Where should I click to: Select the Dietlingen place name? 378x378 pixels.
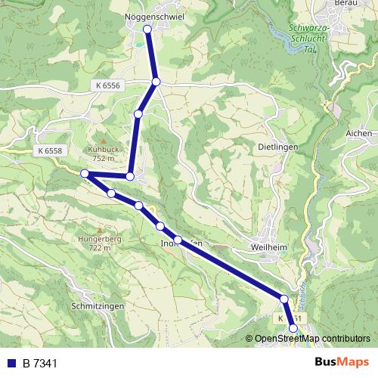point(278,147)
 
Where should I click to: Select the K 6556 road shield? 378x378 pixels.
point(108,86)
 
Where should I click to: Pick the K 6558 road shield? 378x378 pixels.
point(49,151)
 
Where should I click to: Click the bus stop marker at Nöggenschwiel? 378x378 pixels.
point(147,29)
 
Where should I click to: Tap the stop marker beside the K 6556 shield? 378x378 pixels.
point(155,82)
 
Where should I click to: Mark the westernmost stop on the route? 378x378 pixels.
point(85,174)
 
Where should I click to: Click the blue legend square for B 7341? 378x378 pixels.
point(11,364)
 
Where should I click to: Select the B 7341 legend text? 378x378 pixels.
point(39,364)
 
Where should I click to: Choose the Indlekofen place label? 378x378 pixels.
point(182,243)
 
